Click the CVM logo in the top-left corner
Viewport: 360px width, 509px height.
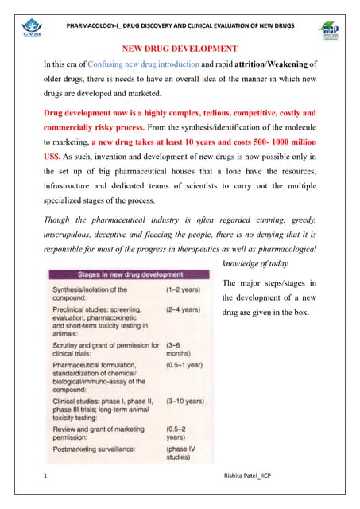tap(33, 31)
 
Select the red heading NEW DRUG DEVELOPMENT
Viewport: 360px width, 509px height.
tap(179, 50)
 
